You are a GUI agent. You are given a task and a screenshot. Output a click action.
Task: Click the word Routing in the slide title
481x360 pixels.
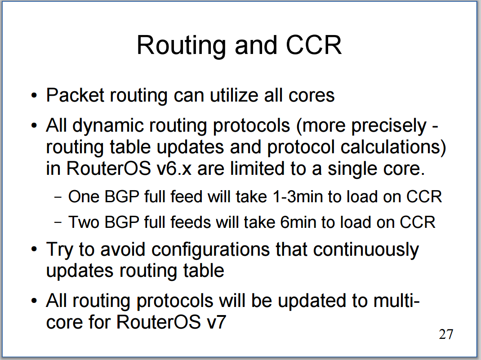[181, 46]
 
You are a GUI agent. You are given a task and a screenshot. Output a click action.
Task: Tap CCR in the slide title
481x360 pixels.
[313, 45]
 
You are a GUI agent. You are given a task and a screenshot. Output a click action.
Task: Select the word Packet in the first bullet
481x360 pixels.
[75, 95]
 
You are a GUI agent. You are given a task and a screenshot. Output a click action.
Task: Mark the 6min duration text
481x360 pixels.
[298, 222]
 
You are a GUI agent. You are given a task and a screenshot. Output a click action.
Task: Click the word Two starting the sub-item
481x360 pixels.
[84, 222]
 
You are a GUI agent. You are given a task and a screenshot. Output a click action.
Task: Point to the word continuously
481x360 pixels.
[365, 250]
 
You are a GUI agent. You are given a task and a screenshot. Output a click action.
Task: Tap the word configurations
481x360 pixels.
[210, 250]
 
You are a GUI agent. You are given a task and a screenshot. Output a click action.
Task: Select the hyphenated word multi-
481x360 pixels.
[396, 301]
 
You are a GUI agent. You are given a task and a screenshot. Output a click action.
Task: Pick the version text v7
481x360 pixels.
[216, 322]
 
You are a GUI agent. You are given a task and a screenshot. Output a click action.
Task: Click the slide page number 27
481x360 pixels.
[446, 334]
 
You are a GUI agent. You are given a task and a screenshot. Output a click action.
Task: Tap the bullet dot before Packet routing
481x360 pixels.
[34, 96]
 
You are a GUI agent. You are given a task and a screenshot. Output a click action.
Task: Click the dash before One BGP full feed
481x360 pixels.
[58, 197]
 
